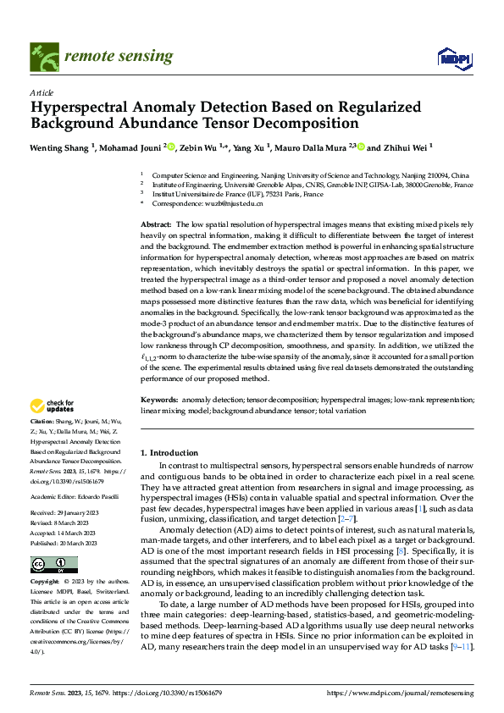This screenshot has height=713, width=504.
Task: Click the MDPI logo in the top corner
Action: [454, 57]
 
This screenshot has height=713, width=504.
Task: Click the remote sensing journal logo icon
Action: [41, 56]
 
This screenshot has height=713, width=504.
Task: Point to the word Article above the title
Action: [41, 92]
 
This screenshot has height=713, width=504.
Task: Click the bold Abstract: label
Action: [157, 222]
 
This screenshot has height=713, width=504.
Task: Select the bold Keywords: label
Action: [159, 399]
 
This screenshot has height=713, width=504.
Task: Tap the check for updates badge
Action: [53, 406]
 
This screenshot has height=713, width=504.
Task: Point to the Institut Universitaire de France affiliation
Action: [237, 194]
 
